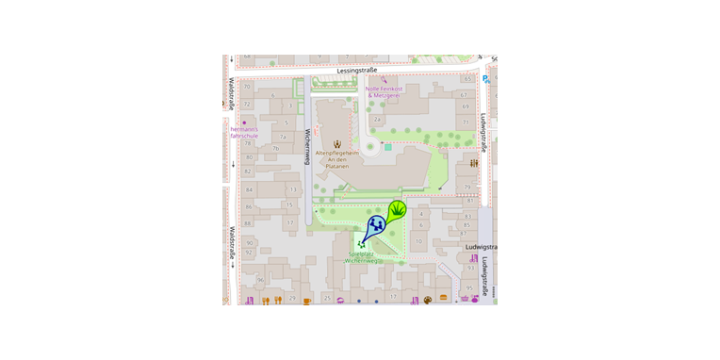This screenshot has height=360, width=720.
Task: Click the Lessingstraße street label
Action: click(x=357, y=70)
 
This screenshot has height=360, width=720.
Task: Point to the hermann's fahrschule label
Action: click(x=243, y=132)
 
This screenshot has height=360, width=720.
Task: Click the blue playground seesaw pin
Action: click(x=376, y=225)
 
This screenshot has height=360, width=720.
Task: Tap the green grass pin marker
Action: click(x=399, y=210)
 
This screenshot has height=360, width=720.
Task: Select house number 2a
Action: click(x=378, y=120)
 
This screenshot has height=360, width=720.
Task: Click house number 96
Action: click(x=260, y=280)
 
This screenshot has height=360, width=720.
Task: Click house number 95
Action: click(x=469, y=286)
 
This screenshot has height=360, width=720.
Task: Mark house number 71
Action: click(x=465, y=123)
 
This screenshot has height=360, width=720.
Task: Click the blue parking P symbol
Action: click(x=486, y=79)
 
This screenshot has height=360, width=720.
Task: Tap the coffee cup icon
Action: click(x=306, y=301)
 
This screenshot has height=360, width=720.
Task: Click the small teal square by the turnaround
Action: click(x=387, y=147)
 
